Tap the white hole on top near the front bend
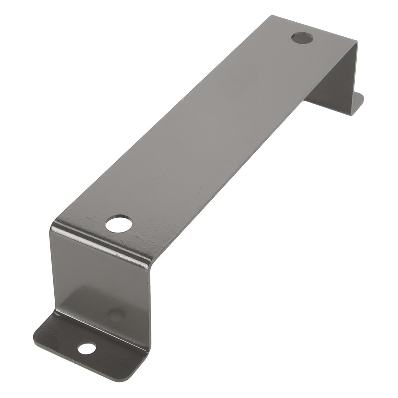coord(119,224)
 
